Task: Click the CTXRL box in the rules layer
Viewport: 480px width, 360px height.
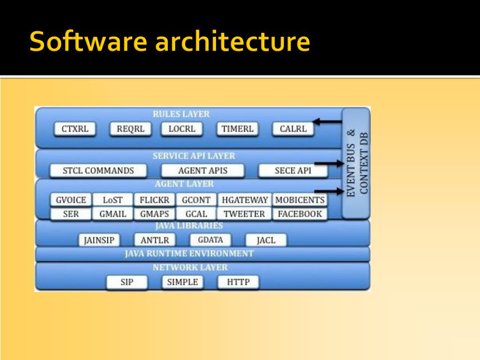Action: (75, 129)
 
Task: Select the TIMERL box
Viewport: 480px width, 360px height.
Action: (237, 129)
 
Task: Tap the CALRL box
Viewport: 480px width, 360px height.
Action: (293, 129)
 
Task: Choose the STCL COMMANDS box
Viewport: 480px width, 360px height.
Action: (98, 171)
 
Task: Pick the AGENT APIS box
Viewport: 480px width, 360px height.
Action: (202, 171)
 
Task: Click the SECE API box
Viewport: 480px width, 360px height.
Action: (292, 171)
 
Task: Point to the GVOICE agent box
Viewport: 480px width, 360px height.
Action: (71, 200)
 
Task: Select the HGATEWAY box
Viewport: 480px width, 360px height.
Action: (245, 200)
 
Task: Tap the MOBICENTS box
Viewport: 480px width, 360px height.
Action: (300, 200)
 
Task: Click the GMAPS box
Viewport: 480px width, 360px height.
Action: (155, 214)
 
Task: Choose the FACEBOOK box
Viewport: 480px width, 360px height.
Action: (300, 214)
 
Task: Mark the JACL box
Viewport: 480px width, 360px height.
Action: (266, 241)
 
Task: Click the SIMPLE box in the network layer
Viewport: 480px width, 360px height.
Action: (182, 282)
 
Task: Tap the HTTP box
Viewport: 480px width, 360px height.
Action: (238, 282)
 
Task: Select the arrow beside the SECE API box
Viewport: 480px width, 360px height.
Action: (329, 164)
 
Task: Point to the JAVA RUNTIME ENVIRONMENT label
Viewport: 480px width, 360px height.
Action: (189, 254)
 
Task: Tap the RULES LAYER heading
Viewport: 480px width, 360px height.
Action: (181, 114)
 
